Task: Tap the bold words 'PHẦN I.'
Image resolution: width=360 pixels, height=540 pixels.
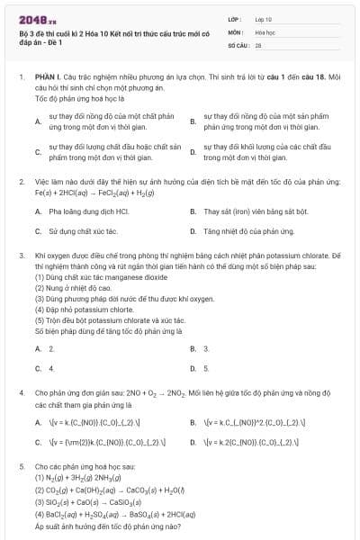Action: (x=47, y=77)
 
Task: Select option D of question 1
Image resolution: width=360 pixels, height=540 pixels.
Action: (x=193, y=151)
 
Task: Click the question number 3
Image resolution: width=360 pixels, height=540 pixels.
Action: (x=21, y=256)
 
